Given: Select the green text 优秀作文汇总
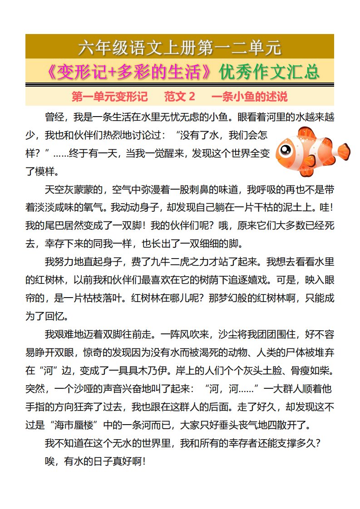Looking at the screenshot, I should (269, 72).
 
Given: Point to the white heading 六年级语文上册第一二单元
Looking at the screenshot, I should (180, 47).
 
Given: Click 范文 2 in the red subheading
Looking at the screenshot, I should (180, 97).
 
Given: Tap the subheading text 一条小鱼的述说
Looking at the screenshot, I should (250, 97).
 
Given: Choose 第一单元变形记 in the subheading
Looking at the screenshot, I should (110, 97).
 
